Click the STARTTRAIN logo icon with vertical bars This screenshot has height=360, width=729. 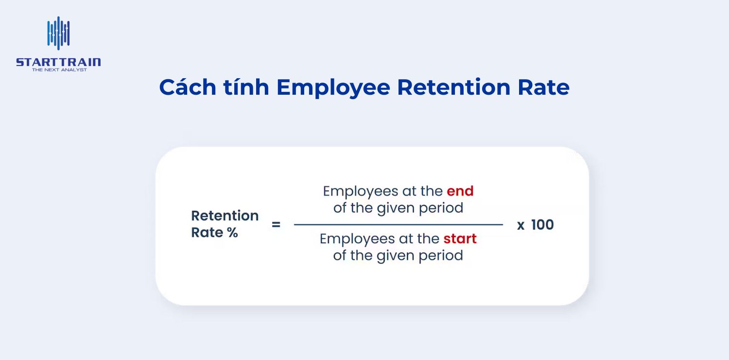click(58, 34)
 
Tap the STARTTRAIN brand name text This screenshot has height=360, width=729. click(58, 62)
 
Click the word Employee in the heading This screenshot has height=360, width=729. click(333, 88)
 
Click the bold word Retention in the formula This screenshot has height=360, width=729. click(225, 216)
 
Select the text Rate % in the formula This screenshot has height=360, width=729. click(214, 233)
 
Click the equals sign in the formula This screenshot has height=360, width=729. click(276, 225)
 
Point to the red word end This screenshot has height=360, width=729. click(460, 191)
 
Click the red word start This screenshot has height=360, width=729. click(460, 239)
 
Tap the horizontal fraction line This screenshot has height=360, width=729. click(398, 224)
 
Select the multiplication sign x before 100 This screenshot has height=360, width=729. click(521, 225)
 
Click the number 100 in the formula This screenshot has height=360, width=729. click(542, 225)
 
